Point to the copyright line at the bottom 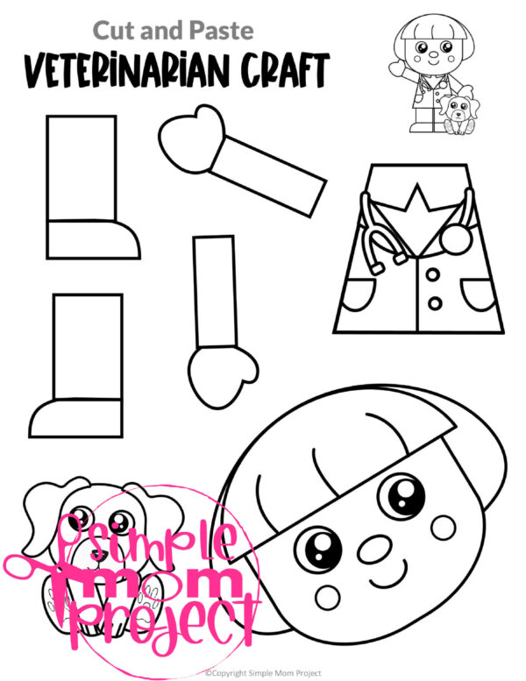[263, 673]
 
